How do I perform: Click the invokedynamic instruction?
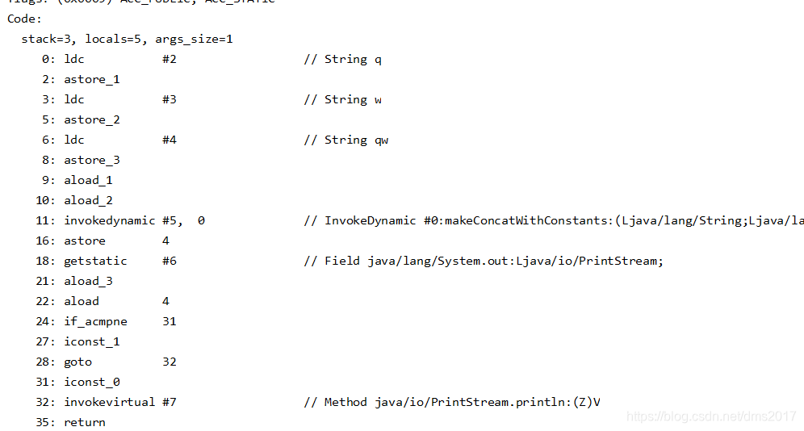coord(109,220)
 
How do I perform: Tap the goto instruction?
coord(77,362)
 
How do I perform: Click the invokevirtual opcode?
coord(109,402)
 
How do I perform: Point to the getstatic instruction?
coord(95,261)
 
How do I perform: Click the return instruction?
coord(85,422)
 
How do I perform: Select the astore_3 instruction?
coord(92,160)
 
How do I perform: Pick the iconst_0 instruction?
coord(92,382)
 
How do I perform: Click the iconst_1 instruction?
coord(92,341)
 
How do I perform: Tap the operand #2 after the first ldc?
coord(169,59)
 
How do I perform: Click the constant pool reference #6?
coord(169,261)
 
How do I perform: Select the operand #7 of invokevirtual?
coord(169,402)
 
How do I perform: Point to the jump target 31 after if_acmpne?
coord(169,321)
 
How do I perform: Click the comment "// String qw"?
coord(345,140)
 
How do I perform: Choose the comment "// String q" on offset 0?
coord(342,59)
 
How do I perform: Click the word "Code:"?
coord(25,19)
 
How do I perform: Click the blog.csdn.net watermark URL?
coord(711,416)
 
